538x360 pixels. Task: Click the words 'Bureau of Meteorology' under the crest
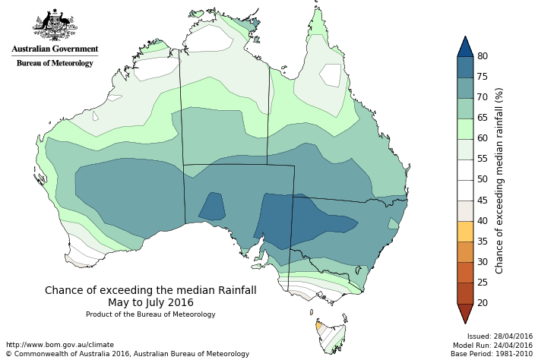(x=55, y=63)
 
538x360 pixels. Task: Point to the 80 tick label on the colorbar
(x=483, y=56)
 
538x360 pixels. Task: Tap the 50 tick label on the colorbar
(x=483, y=179)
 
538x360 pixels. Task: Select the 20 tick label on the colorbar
(x=483, y=302)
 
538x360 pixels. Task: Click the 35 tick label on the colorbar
(x=483, y=241)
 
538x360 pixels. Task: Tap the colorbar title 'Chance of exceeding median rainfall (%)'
(x=499, y=180)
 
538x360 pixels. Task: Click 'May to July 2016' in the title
(x=150, y=302)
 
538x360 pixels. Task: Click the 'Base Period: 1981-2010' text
(x=492, y=354)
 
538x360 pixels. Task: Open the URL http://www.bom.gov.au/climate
(x=59, y=345)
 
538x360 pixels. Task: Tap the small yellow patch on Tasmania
(x=318, y=326)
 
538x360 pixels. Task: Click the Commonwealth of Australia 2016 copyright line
(x=128, y=354)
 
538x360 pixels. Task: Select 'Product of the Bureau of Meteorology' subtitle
(x=150, y=314)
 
